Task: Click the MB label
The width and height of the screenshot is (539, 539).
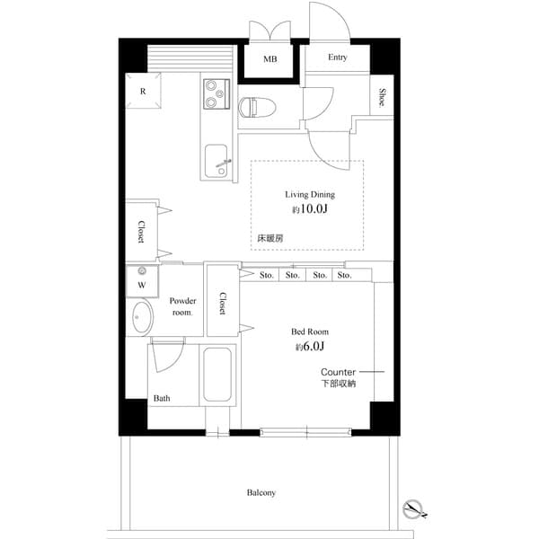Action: [270, 60]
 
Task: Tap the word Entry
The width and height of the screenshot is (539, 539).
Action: [337, 57]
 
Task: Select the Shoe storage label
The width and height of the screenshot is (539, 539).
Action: [382, 97]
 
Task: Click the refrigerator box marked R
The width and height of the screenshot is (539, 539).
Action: [143, 92]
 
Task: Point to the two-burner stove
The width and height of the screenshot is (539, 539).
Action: [216, 94]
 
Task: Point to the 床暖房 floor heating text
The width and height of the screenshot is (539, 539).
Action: [271, 238]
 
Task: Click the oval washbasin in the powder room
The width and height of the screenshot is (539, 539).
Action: [142, 317]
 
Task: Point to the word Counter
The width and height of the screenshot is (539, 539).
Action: [339, 371]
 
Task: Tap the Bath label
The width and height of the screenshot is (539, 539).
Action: [162, 398]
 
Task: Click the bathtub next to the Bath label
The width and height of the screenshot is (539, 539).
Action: [219, 374]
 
